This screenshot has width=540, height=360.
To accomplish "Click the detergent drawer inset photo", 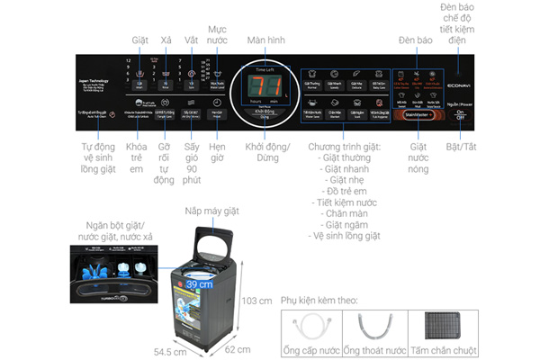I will tap(110, 271).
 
